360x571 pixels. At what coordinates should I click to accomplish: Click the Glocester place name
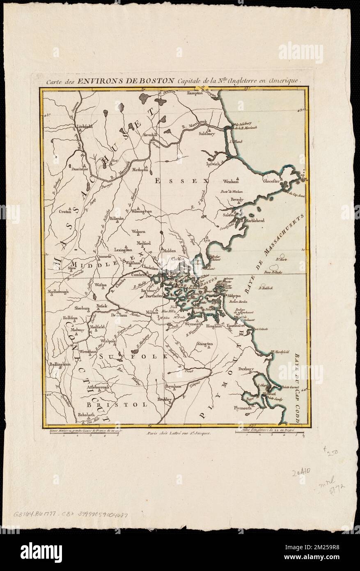pyautogui.click(x=271, y=180)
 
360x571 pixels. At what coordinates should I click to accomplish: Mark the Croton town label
pyautogui.click(x=65, y=212)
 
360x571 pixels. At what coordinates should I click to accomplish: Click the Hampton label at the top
pyautogui.click(x=195, y=93)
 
